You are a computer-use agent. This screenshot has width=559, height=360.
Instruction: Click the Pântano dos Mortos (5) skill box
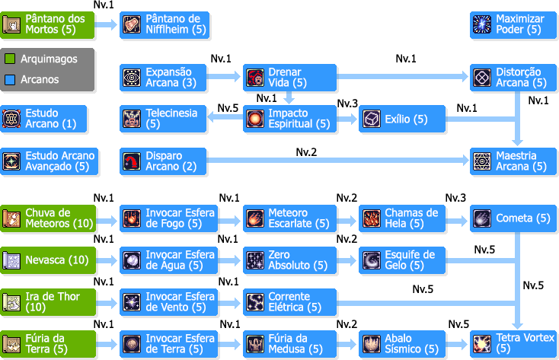(x=49, y=25)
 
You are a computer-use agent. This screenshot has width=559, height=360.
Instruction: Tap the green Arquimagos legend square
(x=11, y=59)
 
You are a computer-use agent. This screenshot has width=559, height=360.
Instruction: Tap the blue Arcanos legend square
(x=11, y=79)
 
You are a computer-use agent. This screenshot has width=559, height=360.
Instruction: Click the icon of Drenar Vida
(x=254, y=77)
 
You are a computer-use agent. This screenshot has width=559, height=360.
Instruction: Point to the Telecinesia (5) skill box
(x=165, y=119)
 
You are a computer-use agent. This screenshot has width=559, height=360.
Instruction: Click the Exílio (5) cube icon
(x=372, y=119)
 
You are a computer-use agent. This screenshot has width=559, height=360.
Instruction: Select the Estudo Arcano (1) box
(x=44, y=119)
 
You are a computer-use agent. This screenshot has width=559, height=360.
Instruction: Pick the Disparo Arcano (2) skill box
(x=165, y=161)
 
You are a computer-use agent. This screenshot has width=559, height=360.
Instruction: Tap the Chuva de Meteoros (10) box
(x=49, y=218)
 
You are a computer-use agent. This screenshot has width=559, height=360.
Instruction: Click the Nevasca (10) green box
(x=49, y=260)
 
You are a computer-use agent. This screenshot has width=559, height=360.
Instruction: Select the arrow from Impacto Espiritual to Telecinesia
(x=224, y=118)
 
